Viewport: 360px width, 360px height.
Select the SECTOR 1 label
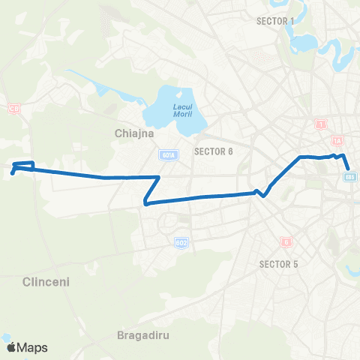coord(275,20)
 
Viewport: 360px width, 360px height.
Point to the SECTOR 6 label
coord(214,151)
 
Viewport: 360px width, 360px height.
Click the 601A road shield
coord(168,155)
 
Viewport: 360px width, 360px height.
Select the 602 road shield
coord(181,242)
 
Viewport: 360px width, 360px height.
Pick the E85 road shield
coord(349,177)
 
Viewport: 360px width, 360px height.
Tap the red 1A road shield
coord(337,140)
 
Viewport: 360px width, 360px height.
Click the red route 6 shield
coord(286,241)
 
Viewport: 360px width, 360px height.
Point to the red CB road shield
coord(13,109)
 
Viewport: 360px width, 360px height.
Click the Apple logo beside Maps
coord(12,347)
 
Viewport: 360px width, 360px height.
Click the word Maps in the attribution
coord(34,347)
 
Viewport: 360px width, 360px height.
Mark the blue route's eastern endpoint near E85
coord(349,169)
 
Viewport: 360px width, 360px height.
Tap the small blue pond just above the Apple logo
coord(6,337)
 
